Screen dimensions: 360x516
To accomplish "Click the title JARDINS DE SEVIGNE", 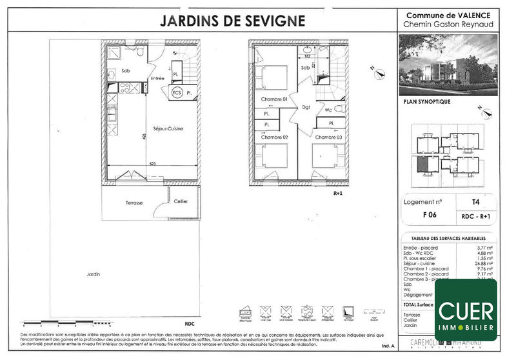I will [x=232, y=20].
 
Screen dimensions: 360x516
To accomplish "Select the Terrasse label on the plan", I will [x=134, y=203].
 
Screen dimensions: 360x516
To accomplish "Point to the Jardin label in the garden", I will [x=94, y=275].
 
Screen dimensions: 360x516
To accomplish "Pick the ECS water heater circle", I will [x=176, y=93].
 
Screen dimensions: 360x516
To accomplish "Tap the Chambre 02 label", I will [x=273, y=137].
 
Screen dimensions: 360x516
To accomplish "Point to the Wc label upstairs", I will [x=328, y=110].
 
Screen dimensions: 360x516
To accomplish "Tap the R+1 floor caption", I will [x=337, y=193].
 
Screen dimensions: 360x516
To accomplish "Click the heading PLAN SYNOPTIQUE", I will [x=426, y=102].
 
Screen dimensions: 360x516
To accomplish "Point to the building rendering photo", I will [x=448, y=64].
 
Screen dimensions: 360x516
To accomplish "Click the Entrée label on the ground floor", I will [x=158, y=79].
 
